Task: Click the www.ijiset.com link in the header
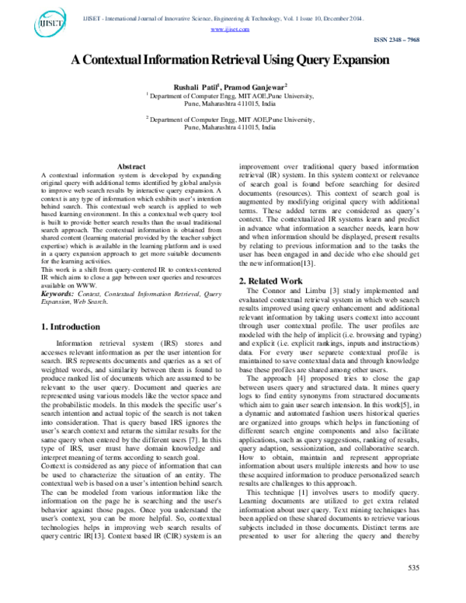pyautogui.click(x=230, y=29)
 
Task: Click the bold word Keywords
pyautogui.click(x=59, y=294)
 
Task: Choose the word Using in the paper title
pyautogui.click(x=280, y=61)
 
